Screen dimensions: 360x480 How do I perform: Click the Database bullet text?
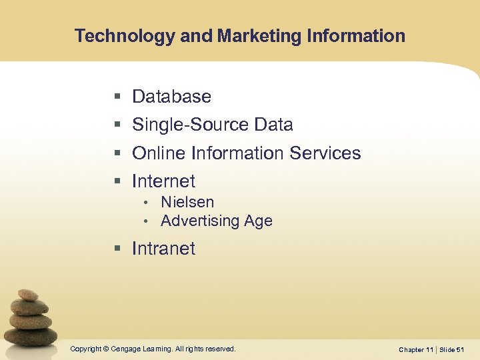171,97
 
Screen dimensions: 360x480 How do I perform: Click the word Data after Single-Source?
273,125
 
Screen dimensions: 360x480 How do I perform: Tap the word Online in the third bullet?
159,153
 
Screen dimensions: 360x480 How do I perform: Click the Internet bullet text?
163,181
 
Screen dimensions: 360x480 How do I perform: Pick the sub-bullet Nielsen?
187,202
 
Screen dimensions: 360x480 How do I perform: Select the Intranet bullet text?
163,249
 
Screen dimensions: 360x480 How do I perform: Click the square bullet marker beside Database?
117,97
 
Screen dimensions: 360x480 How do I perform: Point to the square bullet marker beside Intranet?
117,249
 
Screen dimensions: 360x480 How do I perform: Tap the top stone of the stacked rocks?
27,294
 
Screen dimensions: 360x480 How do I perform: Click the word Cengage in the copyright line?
131,349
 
